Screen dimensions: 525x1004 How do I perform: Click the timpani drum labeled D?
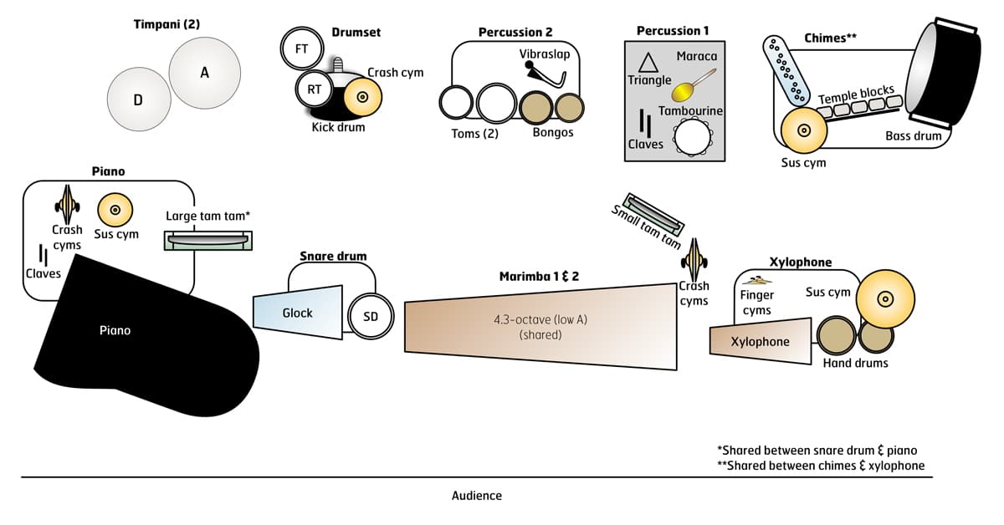(138, 100)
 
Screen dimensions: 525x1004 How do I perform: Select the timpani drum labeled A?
(203, 73)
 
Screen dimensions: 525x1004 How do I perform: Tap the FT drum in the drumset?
(301, 49)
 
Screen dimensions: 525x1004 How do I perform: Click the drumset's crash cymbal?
(362, 98)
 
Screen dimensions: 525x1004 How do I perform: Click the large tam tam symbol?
(209, 240)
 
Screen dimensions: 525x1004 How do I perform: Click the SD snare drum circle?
(370, 315)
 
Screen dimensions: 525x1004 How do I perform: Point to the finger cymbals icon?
(757, 281)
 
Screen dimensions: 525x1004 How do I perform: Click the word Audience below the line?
(476, 495)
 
